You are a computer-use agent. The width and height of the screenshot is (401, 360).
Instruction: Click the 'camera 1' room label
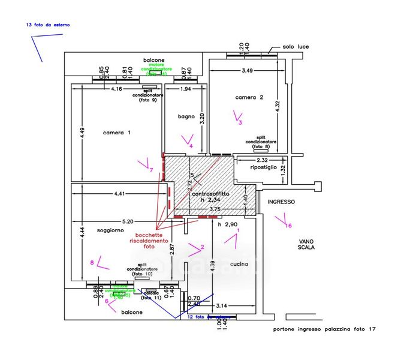click(117, 133)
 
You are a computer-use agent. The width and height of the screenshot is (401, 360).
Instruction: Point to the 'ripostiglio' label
click(264, 168)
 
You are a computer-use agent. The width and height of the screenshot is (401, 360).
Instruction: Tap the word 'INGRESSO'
click(281, 202)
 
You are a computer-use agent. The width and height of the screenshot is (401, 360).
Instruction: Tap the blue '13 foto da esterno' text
click(48, 25)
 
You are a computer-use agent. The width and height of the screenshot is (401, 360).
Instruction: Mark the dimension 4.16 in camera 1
click(117, 89)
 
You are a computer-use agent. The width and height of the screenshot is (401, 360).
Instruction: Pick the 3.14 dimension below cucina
click(230, 305)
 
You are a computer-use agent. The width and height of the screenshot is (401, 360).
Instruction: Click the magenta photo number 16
click(288, 226)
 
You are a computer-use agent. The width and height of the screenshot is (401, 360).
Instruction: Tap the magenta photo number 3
click(240, 123)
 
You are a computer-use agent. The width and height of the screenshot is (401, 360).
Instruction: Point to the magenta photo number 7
click(151, 170)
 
